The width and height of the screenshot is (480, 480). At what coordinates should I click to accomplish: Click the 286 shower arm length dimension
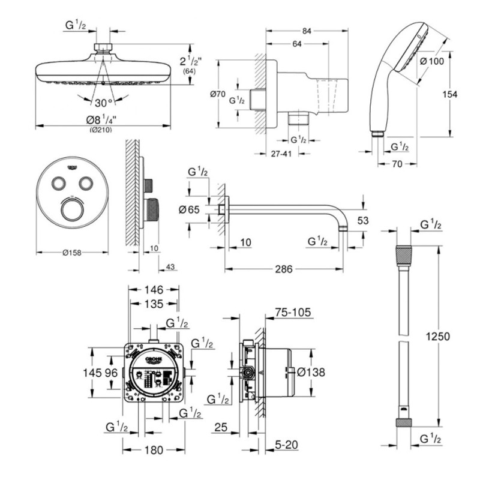283,269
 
